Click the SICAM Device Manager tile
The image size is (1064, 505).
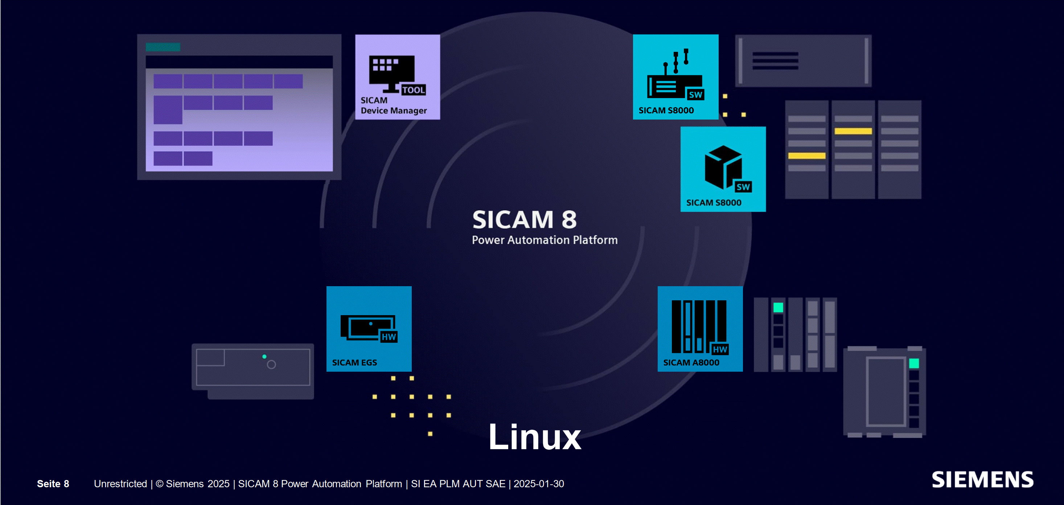click(397, 77)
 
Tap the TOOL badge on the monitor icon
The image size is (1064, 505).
click(414, 90)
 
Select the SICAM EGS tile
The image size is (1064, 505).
click(369, 329)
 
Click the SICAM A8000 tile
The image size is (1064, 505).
click(700, 329)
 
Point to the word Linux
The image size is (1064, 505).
click(534, 437)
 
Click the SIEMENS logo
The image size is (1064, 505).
click(983, 480)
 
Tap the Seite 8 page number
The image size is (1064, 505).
click(53, 484)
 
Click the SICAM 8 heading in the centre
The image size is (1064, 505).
click(524, 220)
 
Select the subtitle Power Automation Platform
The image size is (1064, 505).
click(545, 240)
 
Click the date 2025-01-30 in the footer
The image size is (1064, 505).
click(539, 484)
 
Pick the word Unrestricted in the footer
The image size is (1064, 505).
click(120, 484)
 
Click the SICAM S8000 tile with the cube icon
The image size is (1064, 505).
click(723, 169)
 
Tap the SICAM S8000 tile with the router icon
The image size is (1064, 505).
click(675, 77)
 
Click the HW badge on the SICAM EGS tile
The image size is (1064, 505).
click(389, 337)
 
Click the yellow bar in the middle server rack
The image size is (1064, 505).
click(853, 131)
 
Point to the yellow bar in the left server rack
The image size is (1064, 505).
click(807, 156)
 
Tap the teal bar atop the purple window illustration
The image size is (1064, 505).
click(163, 47)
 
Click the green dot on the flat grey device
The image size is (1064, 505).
click(264, 356)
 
